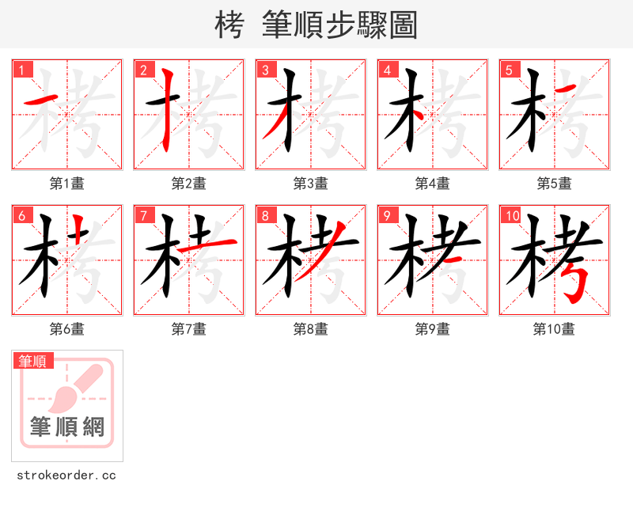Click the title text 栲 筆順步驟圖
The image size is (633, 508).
pos(316,25)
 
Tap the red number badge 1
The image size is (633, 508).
pos(21,70)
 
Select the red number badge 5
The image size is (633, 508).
pos(509,70)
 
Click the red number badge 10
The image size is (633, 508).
pos(511,215)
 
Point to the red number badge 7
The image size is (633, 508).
pos(143,215)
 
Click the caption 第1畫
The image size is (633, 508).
pos(67,184)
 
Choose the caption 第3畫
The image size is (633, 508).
pos(311,184)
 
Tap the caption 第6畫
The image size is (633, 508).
pos(67,329)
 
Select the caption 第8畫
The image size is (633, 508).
pos(311,329)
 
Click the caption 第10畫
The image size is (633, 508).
pos(554,329)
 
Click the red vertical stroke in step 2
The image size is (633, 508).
pos(167,111)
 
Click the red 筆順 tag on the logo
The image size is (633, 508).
pos(33,361)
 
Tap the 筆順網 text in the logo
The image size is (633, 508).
pos(67,427)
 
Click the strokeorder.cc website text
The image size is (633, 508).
pos(66,476)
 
